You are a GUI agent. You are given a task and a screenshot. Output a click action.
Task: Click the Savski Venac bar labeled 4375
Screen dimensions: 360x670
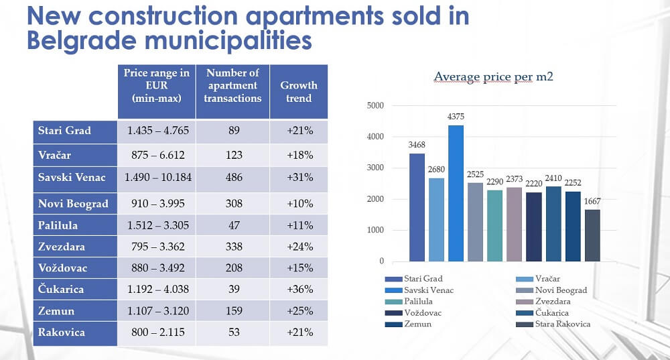pyautogui.click(x=456, y=193)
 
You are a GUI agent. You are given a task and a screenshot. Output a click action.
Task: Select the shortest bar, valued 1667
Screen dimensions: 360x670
pyautogui.click(x=592, y=235)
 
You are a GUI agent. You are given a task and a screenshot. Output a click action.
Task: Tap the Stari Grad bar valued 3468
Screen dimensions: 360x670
pyautogui.click(x=417, y=207)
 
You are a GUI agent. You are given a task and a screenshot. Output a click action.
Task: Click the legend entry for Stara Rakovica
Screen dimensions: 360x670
pyautogui.click(x=553, y=324)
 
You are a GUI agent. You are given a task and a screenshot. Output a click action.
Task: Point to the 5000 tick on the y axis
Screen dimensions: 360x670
pyautogui.click(x=375, y=106)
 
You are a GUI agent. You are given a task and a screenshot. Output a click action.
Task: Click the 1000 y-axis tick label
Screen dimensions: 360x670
pyautogui.click(x=375, y=231)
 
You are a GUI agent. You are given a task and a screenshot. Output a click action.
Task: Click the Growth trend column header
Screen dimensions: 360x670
pyautogui.click(x=299, y=92)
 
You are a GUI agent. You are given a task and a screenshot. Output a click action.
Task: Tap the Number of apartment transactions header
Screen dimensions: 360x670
pyautogui.click(x=233, y=85)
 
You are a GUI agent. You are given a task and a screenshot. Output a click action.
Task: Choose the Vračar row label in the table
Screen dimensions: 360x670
pyautogui.click(x=55, y=154)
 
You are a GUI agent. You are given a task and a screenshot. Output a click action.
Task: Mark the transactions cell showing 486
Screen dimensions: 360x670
pyautogui.click(x=234, y=178)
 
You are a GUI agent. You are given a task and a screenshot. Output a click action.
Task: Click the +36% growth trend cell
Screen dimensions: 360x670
pyautogui.click(x=299, y=290)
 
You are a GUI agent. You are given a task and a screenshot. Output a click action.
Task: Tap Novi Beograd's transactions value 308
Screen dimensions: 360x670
pyautogui.click(x=234, y=203)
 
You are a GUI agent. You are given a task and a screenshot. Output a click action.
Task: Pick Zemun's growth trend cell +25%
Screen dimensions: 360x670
pyautogui.click(x=299, y=311)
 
